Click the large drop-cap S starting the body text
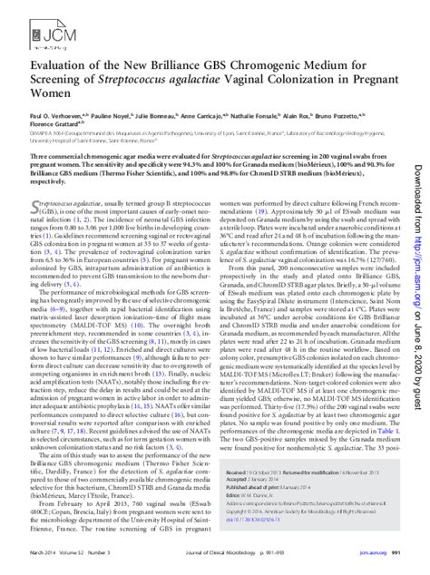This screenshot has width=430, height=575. pyautogui.click(x=38, y=238)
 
